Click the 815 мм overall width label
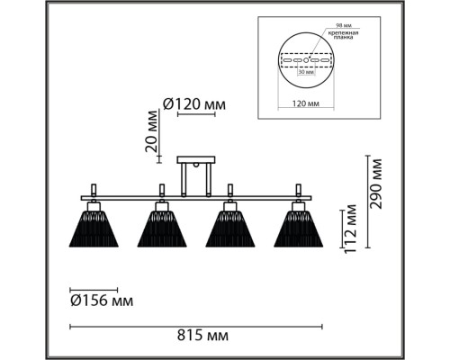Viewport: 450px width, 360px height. [202, 335]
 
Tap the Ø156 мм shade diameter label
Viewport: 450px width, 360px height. [102, 301]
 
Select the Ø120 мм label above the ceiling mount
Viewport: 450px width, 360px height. [194, 104]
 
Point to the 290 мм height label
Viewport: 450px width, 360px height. [376, 184]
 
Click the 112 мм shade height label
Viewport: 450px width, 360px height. [350, 229]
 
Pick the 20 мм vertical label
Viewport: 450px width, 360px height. [151, 131]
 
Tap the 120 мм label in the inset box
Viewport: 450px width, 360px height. [306, 103]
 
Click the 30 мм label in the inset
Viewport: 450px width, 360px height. [306, 72]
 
